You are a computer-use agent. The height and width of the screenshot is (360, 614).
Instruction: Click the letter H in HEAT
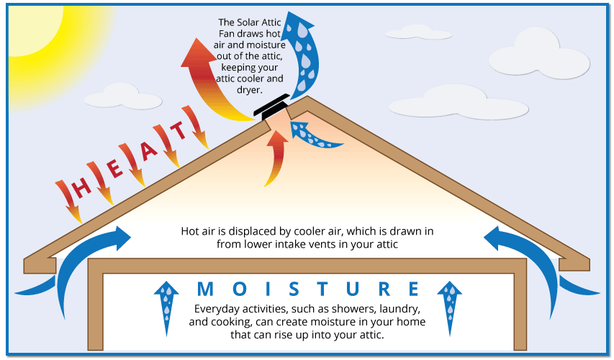click(x=82, y=188)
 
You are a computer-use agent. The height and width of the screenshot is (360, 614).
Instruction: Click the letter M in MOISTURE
click(x=205, y=289)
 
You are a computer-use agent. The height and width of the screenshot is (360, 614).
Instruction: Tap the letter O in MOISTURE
click(x=240, y=289)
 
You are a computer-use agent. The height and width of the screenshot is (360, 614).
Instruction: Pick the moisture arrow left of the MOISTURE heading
click(x=166, y=307)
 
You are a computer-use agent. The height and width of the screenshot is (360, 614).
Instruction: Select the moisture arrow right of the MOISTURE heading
click(x=450, y=307)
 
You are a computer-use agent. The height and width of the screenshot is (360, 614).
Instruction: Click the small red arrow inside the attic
click(x=277, y=157)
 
